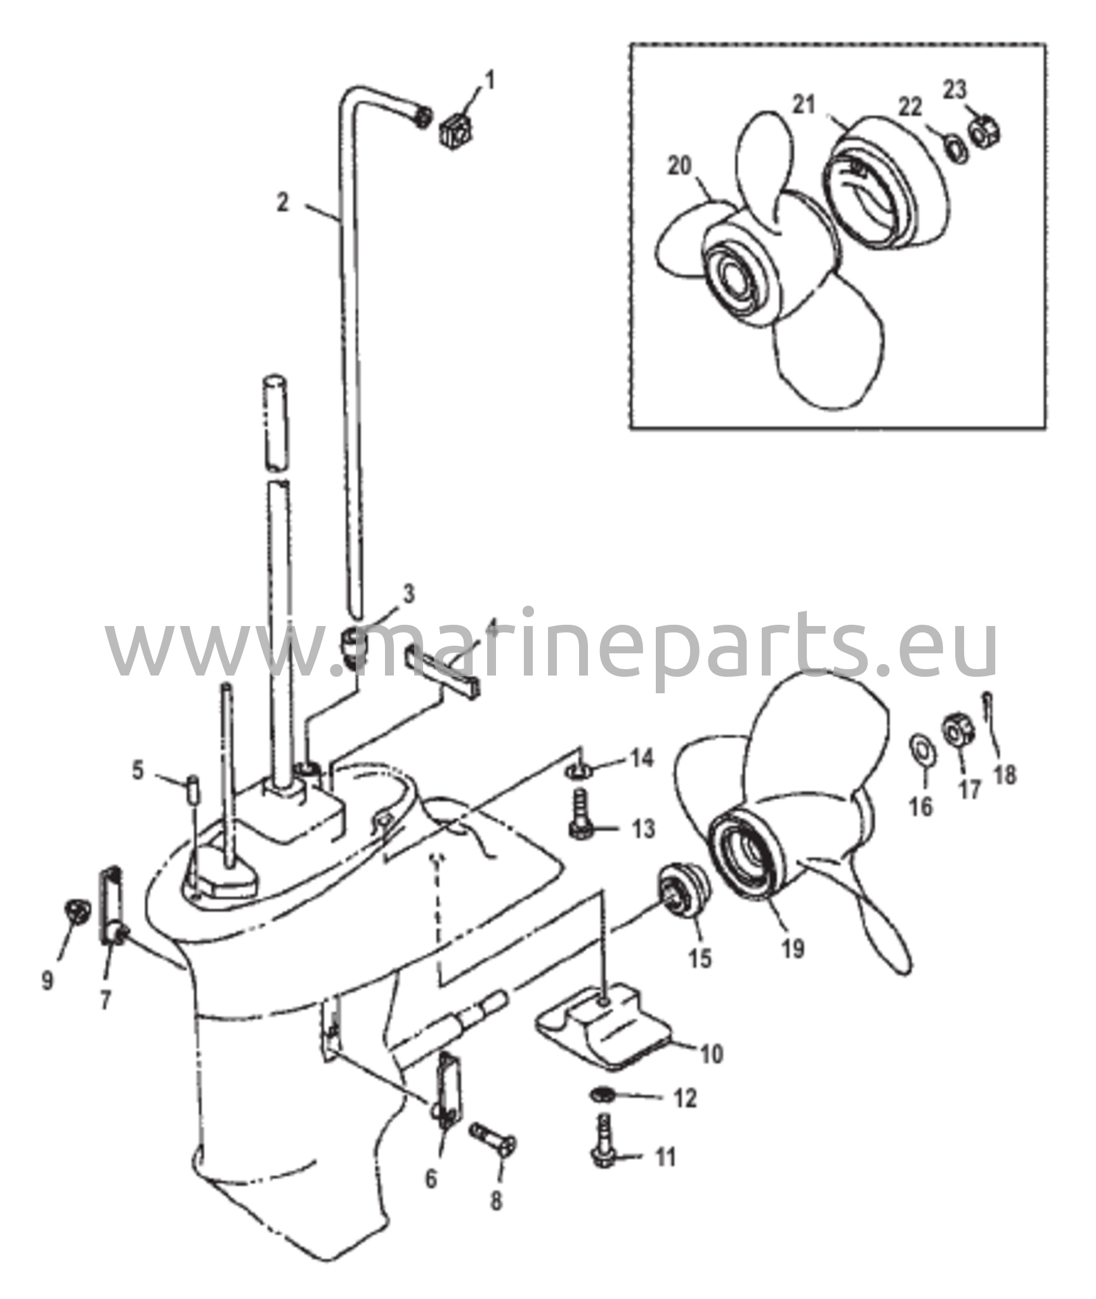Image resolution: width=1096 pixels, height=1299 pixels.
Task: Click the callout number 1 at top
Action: click(x=490, y=81)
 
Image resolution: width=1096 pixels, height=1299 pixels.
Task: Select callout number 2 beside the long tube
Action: click(x=283, y=202)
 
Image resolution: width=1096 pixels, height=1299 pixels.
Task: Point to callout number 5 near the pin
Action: click(x=138, y=771)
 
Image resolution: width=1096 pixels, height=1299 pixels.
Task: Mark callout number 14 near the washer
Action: click(x=642, y=758)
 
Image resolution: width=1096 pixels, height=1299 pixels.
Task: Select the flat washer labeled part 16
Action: click(x=919, y=747)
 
